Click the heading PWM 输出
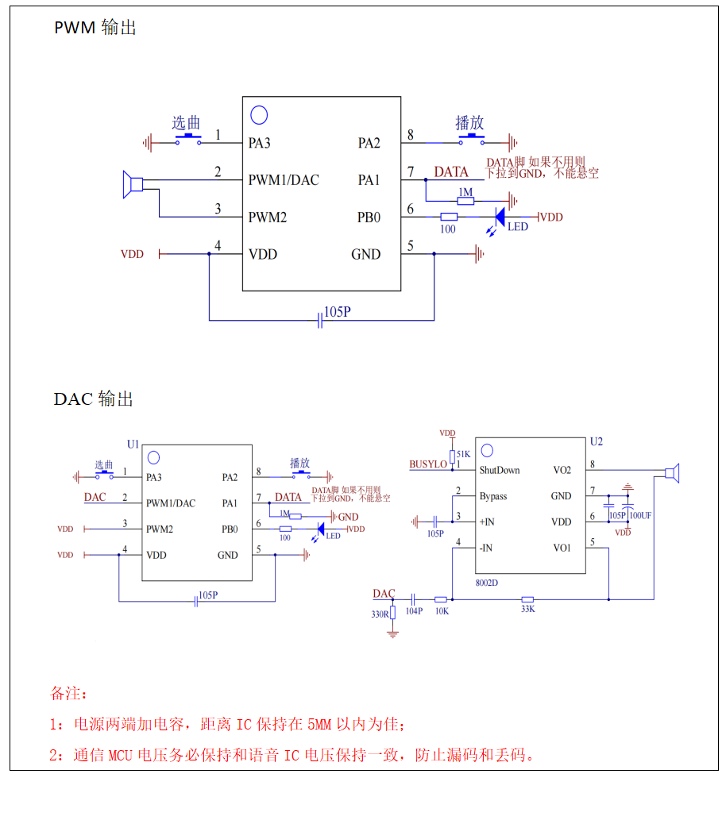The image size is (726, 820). pos(95,28)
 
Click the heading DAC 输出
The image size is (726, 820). pos(93,398)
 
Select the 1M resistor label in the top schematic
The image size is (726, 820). pos(465,192)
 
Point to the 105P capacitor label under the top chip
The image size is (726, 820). pos(338,312)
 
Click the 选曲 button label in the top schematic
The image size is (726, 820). pos(186,123)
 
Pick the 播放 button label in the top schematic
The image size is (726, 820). pos(469,123)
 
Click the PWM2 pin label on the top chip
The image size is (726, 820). pos(268,217)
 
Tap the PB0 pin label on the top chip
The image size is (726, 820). pos(369,217)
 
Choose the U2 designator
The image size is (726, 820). pos(597,441)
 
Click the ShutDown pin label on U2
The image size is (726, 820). pos(500,470)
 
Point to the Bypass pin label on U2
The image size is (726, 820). pos(493,496)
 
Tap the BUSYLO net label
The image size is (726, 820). pos(428,464)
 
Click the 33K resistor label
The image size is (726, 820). pos(527,610)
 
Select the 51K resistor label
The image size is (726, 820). pos(464,454)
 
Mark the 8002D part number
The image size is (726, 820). pos(487,583)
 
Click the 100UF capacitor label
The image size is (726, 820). pos(640,515)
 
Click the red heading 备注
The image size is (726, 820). pos(69,693)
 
